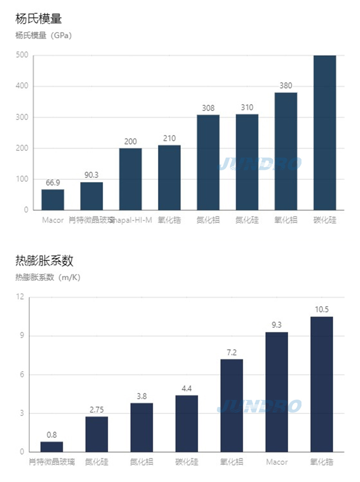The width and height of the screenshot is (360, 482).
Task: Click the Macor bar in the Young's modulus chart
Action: [53, 200]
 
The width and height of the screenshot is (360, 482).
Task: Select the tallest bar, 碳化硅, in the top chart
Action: [324, 133]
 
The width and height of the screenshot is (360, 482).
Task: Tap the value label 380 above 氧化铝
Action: [286, 86]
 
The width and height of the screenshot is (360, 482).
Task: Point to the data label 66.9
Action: [53, 182]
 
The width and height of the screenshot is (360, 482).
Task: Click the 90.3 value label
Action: [91, 175]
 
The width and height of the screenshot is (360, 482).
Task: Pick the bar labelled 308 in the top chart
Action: [208, 162]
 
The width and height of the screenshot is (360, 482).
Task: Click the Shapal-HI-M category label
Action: [131, 221]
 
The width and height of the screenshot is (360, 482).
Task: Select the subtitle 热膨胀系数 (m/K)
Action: [48, 277]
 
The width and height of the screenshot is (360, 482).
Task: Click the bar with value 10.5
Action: [321, 384]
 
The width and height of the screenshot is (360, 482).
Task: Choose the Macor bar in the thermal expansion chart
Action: [276, 392]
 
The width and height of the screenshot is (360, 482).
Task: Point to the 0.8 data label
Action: [52, 435]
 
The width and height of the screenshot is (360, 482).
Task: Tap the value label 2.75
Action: [96, 409]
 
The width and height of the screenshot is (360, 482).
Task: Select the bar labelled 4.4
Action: [186, 423]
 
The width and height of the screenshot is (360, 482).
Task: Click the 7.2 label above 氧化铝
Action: [231, 352]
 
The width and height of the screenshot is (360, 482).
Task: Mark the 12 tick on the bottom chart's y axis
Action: [20, 297]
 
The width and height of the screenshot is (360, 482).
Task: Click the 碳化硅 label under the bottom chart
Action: [186, 462]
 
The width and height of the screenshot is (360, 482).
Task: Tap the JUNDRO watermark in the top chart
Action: [260, 164]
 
